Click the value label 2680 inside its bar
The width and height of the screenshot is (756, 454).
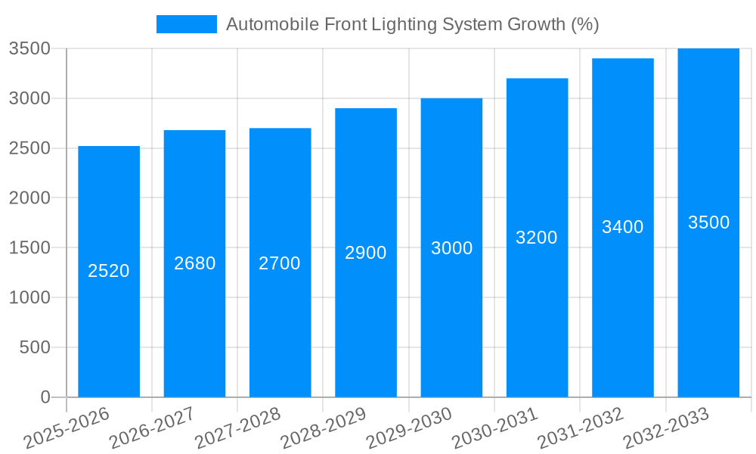[195, 263]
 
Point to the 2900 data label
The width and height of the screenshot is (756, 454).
[366, 253]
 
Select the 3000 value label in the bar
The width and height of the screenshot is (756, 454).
[451, 248]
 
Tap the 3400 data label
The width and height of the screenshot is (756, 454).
[623, 227]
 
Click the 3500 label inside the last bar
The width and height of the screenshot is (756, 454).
[708, 222]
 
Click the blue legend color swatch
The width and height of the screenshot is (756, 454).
[186, 24]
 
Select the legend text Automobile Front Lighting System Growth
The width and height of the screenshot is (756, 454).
[413, 24]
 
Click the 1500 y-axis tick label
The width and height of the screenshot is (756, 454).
[29, 248]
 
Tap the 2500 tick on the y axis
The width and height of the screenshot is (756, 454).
[29, 148]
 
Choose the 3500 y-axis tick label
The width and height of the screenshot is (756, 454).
[29, 48]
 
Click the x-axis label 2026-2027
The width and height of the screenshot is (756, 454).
[152, 428]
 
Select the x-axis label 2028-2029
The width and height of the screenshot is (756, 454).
[324, 428]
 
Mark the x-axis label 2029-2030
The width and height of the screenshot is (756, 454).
[409, 428]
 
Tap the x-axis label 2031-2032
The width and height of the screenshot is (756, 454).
[581, 428]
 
